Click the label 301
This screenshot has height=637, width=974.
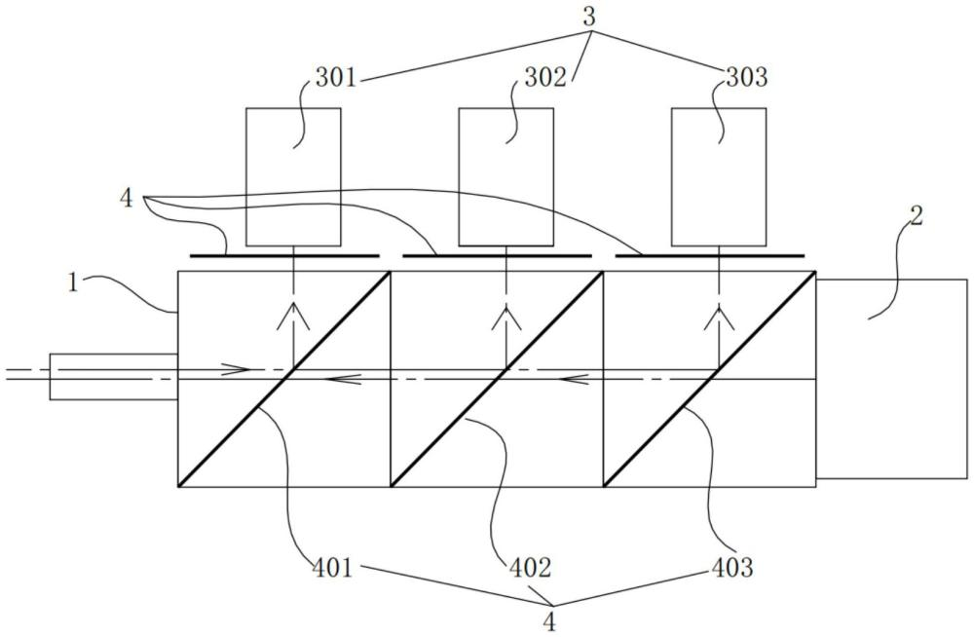click(336, 78)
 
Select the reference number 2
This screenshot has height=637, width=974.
click(916, 216)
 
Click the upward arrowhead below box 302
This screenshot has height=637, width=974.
click(506, 315)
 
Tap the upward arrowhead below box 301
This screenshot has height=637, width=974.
click(293, 315)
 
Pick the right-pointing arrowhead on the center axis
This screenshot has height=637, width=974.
click(240, 369)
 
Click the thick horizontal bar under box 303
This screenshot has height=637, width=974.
click(711, 255)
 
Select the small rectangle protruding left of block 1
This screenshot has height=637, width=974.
click(113, 376)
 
